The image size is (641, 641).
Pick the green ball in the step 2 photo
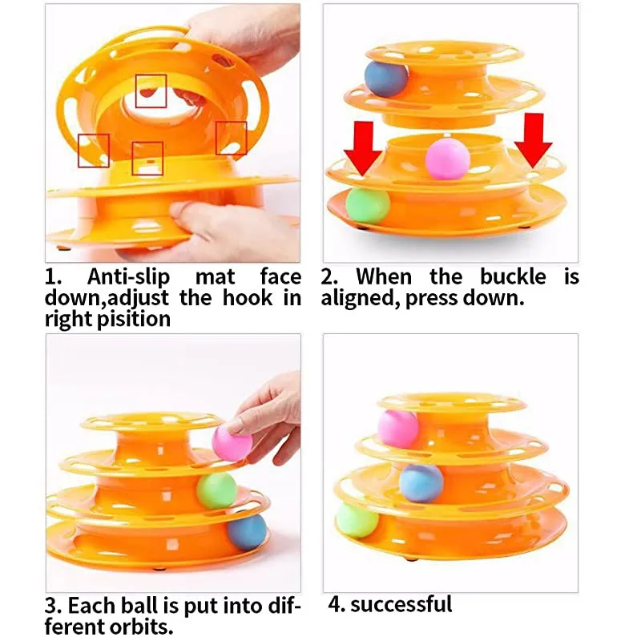coord(368,204)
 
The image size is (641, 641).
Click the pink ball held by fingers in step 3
coord(232,443)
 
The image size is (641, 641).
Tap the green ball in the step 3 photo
coord(217,490)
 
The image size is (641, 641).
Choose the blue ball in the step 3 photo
coord(246,532)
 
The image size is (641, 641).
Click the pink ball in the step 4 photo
coord(398,428)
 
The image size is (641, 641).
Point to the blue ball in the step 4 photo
coord(421,482)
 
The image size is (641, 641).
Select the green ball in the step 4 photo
coord(357,520)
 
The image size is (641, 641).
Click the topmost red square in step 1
coord(151,91)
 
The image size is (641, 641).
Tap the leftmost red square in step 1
coord(93,150)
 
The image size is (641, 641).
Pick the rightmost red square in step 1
coord(231,138)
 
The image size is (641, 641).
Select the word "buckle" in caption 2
coord(513,277)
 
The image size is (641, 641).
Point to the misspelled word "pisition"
coord(132,318)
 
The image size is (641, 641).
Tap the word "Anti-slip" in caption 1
coord(133,277)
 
